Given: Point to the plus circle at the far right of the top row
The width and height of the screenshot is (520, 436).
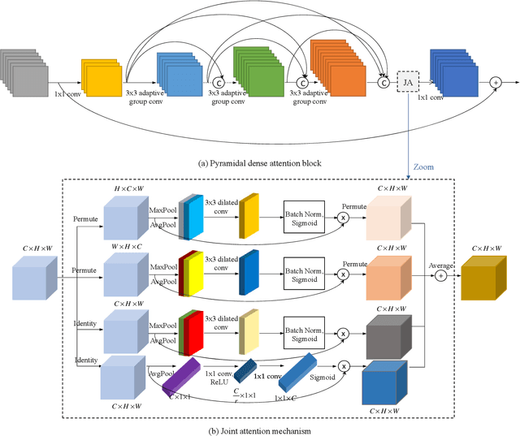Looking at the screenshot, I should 496,83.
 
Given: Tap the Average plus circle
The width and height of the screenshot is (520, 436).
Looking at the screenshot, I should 442,276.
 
